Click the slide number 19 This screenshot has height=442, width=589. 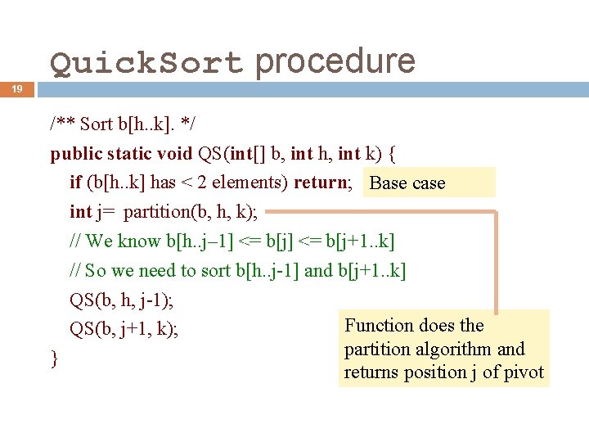(x=16, y=89)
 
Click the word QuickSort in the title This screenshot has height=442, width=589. (x=146, y=63)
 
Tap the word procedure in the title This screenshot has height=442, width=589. (x=335, y=61)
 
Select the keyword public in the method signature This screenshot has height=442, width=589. (x=77, y=153)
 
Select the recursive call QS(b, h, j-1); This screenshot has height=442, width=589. (x=121, y=300)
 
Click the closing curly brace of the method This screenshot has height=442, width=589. (x=54, y=359)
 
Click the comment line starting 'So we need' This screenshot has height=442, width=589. (x=237, y=271)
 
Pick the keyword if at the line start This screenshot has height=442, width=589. (x=75, y=183)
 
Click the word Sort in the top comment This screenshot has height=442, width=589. (x=97, y=124)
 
